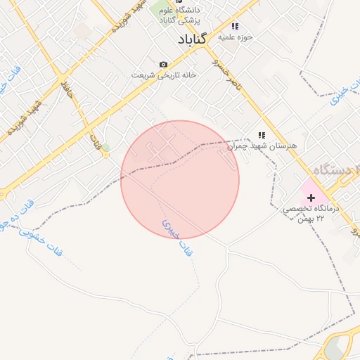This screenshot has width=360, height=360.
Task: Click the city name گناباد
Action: pyautogui.click(x=187, y=39)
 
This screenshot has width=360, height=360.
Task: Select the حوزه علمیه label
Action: pyautogui.click(x=236, y=36)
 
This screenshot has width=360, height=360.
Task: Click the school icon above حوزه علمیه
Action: pyautogui.click(x=235, y=25)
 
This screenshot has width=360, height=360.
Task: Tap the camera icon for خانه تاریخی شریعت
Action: pyautogui.click(x=164, y=64)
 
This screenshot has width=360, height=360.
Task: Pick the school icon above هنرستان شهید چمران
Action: pyautogui.click(x=262, y=134)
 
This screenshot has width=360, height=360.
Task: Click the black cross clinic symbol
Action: pyautogui.click(x=311, y=198)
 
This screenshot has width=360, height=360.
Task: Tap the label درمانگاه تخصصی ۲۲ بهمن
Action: pyautogui.click(x=311, y=214)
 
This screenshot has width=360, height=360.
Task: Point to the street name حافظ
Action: pyautogui.click(x=67, y=89)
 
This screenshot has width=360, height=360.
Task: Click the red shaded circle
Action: pyautogui.click(x=180, y=179)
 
